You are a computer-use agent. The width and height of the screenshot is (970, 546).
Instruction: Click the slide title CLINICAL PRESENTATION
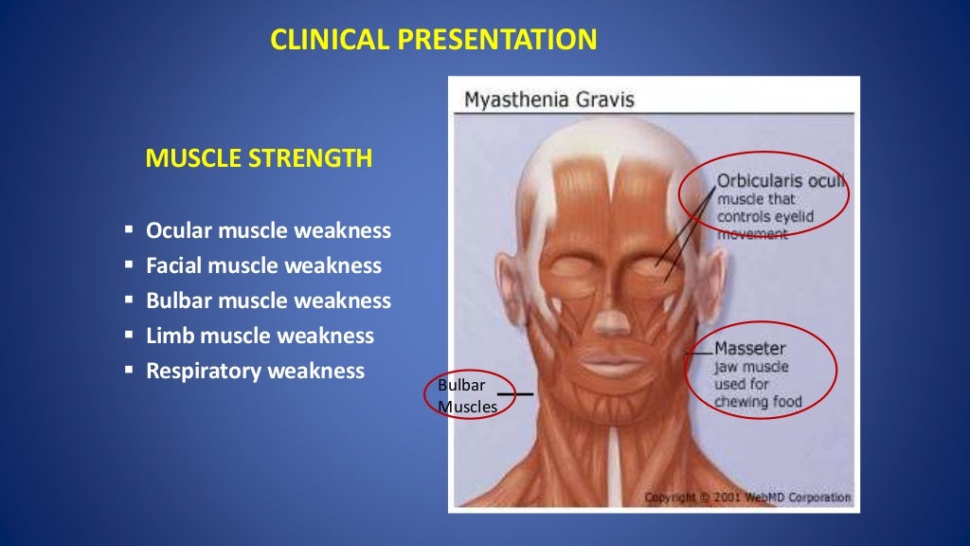(x=433, y=39)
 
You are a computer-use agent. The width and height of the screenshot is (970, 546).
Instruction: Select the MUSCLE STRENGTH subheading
(x=258, y=158)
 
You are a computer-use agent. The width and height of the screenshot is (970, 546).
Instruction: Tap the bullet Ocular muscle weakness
(x=268, y=230)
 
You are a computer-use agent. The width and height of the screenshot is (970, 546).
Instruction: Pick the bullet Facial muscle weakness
(x=263, y=265)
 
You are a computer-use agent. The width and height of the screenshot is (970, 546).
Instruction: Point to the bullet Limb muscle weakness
(x=260, y=336)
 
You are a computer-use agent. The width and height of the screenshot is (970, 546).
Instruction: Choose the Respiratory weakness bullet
(x=255, y=371)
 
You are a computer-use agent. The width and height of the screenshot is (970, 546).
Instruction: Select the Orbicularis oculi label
(x=781, y=180)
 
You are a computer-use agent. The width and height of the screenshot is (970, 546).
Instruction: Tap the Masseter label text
(x=750, y=348)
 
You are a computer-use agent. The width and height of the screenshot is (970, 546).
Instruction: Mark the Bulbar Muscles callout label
(x=467, y=396)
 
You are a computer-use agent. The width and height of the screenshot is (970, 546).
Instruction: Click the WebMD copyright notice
(x=748, y=497)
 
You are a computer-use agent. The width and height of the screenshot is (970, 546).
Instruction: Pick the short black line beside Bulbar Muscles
(x=515, y=392)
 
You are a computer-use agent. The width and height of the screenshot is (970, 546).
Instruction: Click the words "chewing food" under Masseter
(x=758, y=401)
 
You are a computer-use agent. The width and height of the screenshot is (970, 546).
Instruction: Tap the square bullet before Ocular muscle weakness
(x=128, y=230)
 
